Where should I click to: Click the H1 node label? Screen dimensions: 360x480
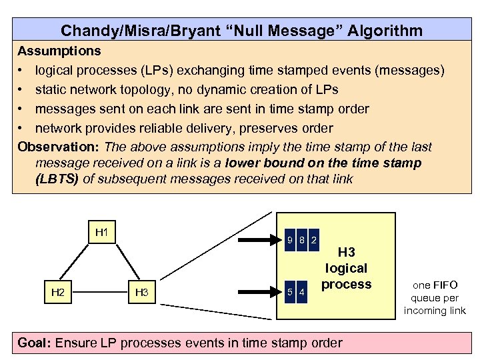pos(102,233)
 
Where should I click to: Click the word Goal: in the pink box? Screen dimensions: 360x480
pos(35,343)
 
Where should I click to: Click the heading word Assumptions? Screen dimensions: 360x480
pos(59,51)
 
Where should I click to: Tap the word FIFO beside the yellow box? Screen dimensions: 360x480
pos(444,285)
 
